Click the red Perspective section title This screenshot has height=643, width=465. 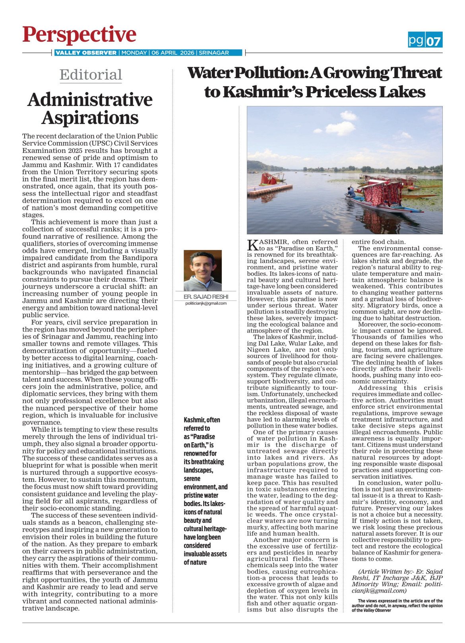tap(79, 35)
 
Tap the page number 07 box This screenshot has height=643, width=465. tap(434, 40)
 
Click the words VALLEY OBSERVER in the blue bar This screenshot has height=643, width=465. tap(86, 52)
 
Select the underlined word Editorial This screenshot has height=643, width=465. tap(91, 75)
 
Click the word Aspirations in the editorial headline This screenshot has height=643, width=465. tap(90, 118)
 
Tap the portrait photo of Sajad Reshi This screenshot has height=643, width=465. tap(203, 271)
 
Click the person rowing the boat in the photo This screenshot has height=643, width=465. tap(351, 193)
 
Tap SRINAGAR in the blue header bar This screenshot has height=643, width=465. tap(214, 52)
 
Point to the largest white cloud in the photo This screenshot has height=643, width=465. tap(341, 128)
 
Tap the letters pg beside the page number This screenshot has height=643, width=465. tap(416, 40)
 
